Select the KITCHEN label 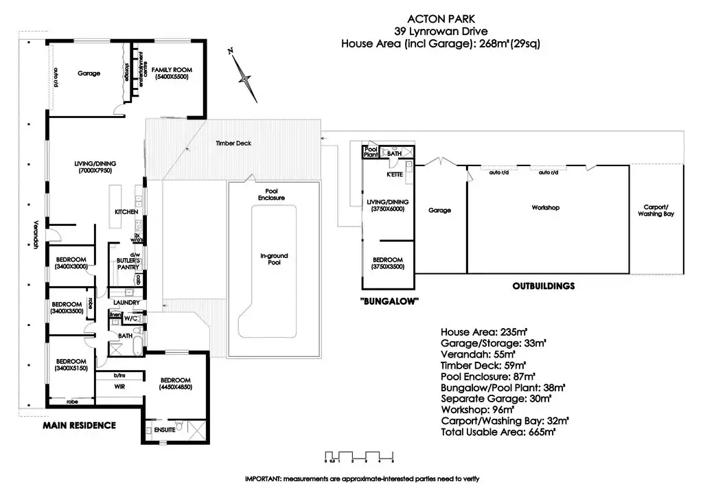tap(126, 211)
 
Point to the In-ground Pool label tap(274, 260)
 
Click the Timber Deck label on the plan tap(230, 143)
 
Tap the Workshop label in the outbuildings tap(546, 207)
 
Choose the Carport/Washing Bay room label tap(657, 210)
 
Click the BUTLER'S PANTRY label tap(128, 264)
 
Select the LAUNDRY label tap(128, 303)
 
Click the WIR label tap(119, 387)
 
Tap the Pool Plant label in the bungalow tap(371, 152)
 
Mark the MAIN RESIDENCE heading tap(79, 425)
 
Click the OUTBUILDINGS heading tap(542, 286)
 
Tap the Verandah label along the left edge tap(34, 234)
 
